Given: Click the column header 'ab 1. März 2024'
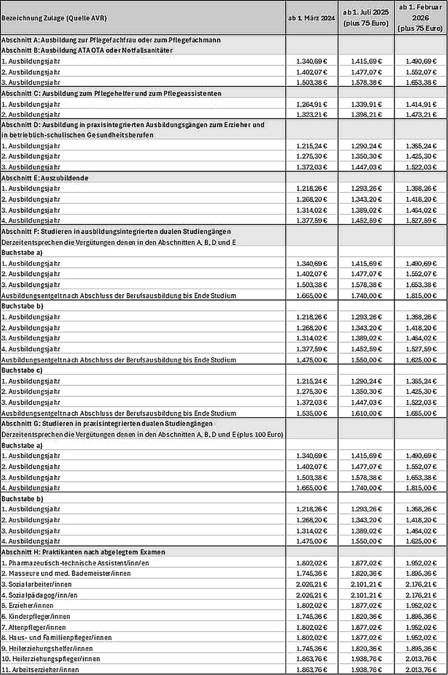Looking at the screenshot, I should point(311,18).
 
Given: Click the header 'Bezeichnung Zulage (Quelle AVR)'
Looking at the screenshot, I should point(54,18).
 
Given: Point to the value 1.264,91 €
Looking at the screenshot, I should point(311,104).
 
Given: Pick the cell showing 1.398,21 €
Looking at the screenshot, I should point(366,115).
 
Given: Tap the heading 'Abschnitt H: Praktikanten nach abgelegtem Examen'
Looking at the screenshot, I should point(83,552).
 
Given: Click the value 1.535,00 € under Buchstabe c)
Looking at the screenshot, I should point(311,413).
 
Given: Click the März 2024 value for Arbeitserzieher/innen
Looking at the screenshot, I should point(311,670).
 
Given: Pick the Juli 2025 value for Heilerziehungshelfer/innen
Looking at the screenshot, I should point(366,649).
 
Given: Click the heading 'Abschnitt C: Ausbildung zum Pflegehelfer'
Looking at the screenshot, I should point(111,93).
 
